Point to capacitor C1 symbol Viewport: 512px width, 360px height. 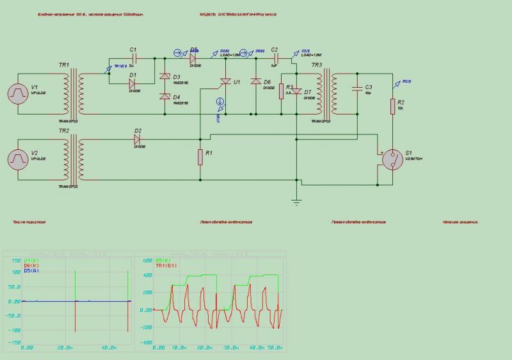tap(133, 58)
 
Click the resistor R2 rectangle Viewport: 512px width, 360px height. tap(392, 106)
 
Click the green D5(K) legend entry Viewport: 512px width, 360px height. tap(163, 261)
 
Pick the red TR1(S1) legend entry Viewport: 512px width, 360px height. tap(164, 265)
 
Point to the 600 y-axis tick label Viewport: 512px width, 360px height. tap(147, 261)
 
